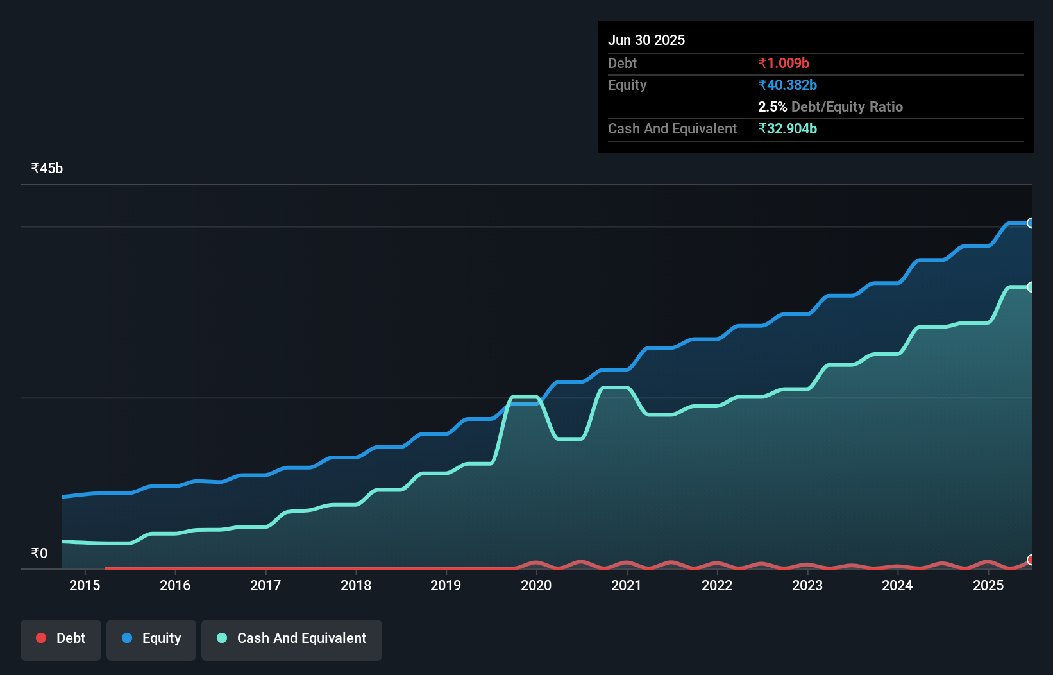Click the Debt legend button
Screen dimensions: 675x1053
pyautogui.click(x=61, y=639)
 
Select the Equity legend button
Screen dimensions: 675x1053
pyautogui.click(x=151, y=639)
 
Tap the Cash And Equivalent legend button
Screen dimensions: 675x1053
pyautogui.click(x=292, y=639)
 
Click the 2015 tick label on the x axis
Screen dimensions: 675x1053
pyautogui.click(x=85, y=586)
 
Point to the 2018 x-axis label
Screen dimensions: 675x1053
pyautogui.click(x=356, y=586)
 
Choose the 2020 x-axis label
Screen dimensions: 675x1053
pyautogui.click(x=536, y=586)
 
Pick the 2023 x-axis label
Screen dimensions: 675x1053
pyautogui.click(x=807, y=586)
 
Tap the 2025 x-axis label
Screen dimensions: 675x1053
pyautogui.click(x=988, y=586)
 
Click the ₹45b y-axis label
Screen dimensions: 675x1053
pyautogui.click(x=47, y=169)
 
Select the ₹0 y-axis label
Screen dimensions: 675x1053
pyautogui.click(x=39, y=554)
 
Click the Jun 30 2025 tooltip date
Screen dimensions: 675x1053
pyautogui.click(x=646, y=40)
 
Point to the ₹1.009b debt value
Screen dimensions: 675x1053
pyautogui.click(x=784, y=64)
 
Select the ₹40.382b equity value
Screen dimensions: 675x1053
pyautogui.click(x=788, y=85)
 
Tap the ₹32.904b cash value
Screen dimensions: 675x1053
pyautogui.click(x=788, y=129)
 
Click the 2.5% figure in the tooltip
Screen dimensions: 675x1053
pyautogui.click(x=772, y=107)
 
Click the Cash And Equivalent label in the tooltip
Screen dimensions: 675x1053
pyautogui.click(x=672, y=129)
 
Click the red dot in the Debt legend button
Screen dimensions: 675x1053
pyautogui.click(x=41, y=638)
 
